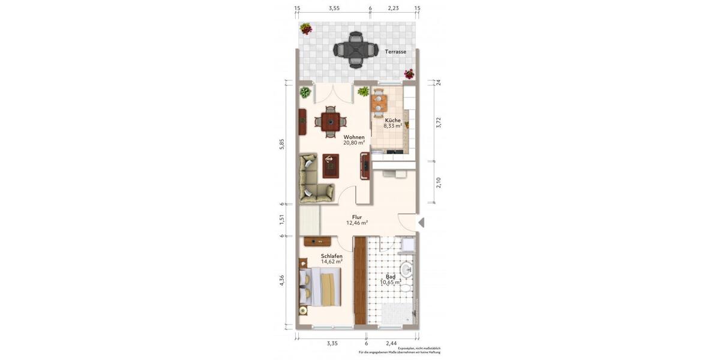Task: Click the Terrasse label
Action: click(395, 52)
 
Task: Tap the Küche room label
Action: click(392, 121)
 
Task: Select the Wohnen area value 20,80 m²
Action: click(354, 143)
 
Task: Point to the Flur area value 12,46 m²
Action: click(356, 223)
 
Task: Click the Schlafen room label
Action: click(331, 256)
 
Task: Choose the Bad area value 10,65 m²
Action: click(390, 282)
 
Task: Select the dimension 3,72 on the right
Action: click(439, 122)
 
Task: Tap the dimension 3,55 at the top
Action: click(334, 8)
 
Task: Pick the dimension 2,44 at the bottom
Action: click(391, 343)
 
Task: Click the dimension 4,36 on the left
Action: click(283, 281)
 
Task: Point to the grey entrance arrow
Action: click(421, 223)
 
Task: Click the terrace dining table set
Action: click(355, 50)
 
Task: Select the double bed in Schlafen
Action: click(320, 286)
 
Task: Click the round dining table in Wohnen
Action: click(329, 122)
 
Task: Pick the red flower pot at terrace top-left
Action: click(306, 28)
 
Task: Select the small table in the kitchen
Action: click(378, 103)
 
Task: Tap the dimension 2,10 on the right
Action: click(439, 182)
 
